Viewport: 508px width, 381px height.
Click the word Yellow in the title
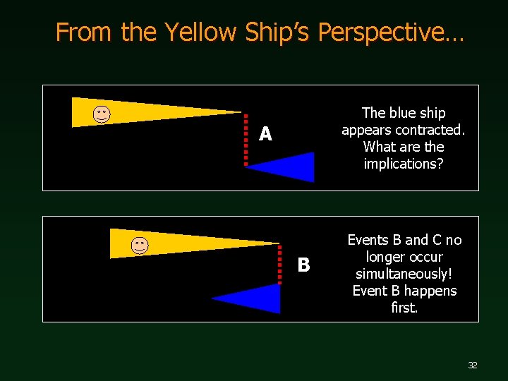pyautogui.click(x=201, y=32)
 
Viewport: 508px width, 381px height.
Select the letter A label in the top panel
pyautogui.click(x=265, y=134)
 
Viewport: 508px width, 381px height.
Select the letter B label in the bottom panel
pyautogui.click(x=303, y=265)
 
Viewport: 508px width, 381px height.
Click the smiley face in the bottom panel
pyautogui.click(x=140, y=246)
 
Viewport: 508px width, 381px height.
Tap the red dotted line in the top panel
pyautogui.click(x=246, y=140)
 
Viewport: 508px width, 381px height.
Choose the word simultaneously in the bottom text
pyautogui.click(x=402, y=274)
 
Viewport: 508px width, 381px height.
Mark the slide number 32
pyautogui.click(x=472, y=365)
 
